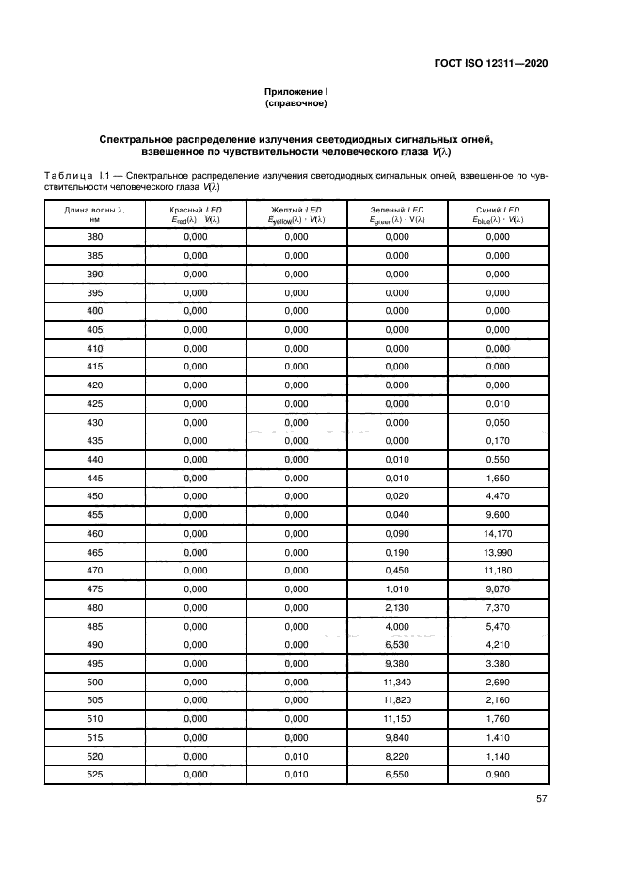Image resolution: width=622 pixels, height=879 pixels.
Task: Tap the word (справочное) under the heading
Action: point(295,102)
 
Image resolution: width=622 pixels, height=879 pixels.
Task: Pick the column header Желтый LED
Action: point(296,213)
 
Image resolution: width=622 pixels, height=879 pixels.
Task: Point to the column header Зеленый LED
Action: point(397,213)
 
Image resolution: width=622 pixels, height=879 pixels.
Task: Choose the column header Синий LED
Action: point(498,213)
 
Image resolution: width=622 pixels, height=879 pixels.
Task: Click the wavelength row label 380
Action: point(94,237)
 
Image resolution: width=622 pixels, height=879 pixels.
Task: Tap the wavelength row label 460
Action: point(94,533)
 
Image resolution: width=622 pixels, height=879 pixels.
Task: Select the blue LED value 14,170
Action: point(498,533)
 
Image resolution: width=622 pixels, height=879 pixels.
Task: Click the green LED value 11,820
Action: point(397,700)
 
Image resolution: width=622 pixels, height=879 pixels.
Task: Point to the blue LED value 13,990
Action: point(498,552)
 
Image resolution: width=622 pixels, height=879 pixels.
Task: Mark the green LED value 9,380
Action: point(397,663)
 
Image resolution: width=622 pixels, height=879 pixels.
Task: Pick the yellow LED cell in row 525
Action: point(296,775)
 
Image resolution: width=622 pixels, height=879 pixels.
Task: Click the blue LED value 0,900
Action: point(498,775)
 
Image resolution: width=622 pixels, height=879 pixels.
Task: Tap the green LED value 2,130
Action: point(397,607)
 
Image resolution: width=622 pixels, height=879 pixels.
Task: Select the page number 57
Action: point(541,800)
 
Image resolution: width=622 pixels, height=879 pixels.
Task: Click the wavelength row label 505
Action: point(94,700)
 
